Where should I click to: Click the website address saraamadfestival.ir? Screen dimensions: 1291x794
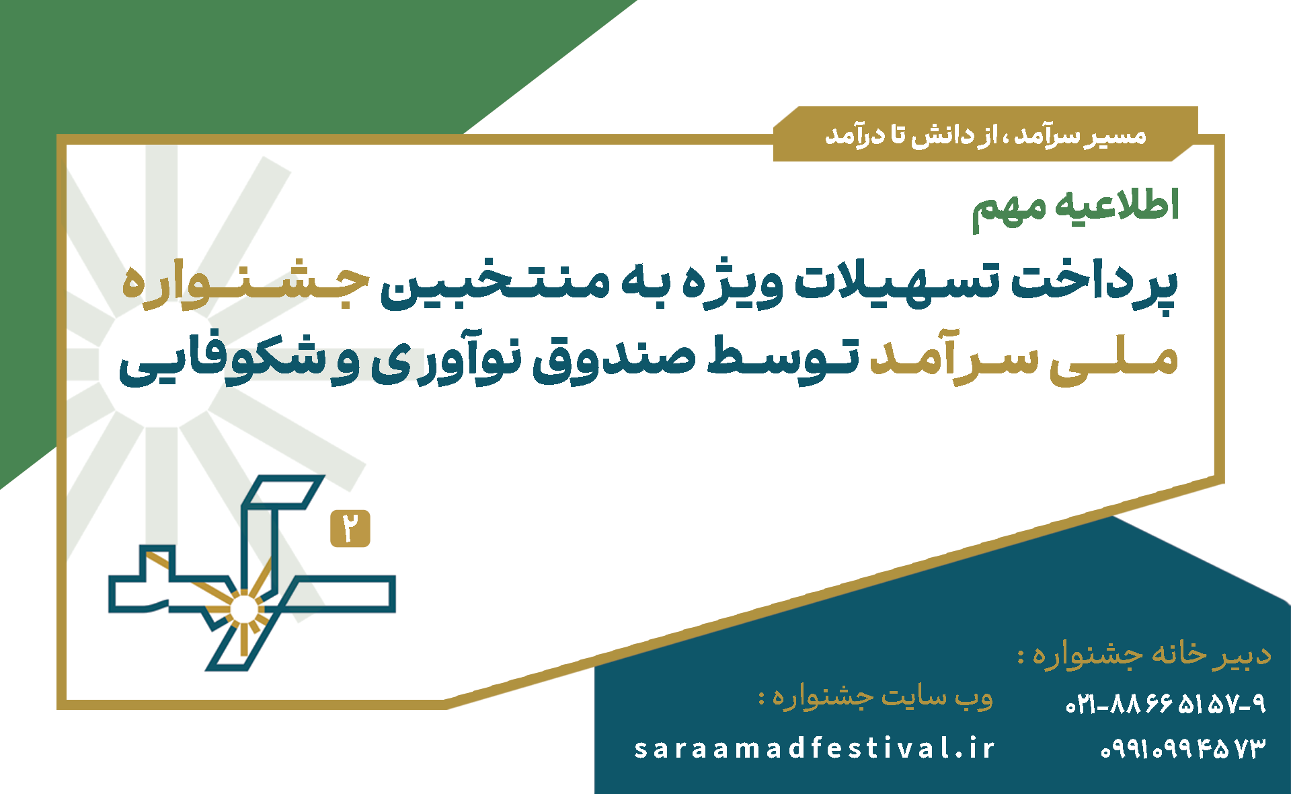[814, 748]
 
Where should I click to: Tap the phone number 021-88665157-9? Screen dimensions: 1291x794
[1165, 704]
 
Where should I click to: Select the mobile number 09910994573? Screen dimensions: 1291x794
[1183, 748]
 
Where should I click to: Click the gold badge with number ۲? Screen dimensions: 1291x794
[350, 528]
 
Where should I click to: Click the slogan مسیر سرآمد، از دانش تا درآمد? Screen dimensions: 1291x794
[986, 135]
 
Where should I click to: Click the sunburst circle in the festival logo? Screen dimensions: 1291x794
[243, 610]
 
